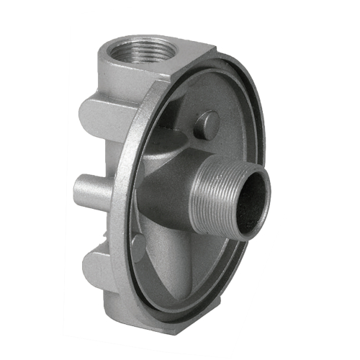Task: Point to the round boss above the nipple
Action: tap(208, 125)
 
